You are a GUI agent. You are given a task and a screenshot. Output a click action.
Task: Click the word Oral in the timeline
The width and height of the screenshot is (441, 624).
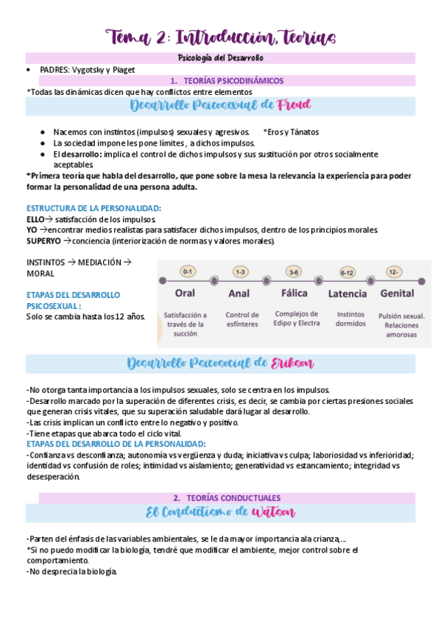point(185,293)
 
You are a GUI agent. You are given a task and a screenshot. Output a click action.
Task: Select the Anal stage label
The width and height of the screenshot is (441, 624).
point(239,293)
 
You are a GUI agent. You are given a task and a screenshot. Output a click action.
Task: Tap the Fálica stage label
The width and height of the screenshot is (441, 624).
point(294,293)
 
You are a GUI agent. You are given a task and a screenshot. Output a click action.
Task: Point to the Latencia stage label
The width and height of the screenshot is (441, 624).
point(347,293)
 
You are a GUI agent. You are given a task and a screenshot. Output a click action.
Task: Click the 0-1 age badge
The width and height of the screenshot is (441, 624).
point(187,272)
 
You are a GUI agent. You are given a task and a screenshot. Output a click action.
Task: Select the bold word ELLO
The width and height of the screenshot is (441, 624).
point(35,219)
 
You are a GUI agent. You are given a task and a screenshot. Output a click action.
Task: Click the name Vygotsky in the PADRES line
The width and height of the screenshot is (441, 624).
point(88,70)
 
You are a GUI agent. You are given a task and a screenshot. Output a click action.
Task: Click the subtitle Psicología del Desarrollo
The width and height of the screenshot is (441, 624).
point(221,57)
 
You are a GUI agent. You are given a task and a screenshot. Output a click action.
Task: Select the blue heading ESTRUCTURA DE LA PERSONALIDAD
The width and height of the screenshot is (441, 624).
point(93,208)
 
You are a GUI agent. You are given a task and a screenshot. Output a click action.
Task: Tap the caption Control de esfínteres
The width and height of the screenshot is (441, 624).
point(242,319)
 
